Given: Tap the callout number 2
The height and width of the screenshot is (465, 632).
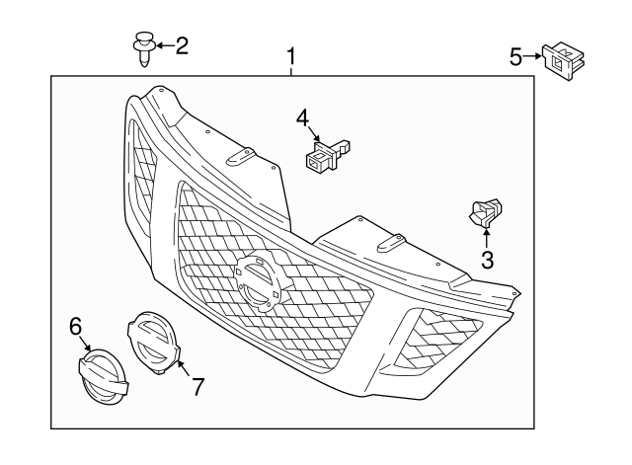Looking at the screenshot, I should click(x=181, y=44).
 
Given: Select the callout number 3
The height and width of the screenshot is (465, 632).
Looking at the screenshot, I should click(x=486, y=261).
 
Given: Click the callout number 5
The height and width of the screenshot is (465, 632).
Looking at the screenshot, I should click(x=515, y=57).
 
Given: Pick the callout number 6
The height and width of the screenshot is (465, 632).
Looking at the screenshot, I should click(x=75, y=325).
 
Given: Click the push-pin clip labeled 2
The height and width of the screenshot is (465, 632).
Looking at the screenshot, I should click(x=144, y=47).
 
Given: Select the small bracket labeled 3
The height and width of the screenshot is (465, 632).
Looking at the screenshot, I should click(x=485, y=212).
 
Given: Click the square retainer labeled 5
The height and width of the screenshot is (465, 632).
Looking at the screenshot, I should click(x=560, y=59).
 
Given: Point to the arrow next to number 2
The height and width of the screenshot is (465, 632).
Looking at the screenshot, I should click(x=164, y=44).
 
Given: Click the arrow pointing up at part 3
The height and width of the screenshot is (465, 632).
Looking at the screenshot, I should click(x=486, y=238).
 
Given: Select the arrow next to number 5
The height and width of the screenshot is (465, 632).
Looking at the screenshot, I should click(x=533, y=57).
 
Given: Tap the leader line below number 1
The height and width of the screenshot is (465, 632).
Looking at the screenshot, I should click(x=291, y=70).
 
